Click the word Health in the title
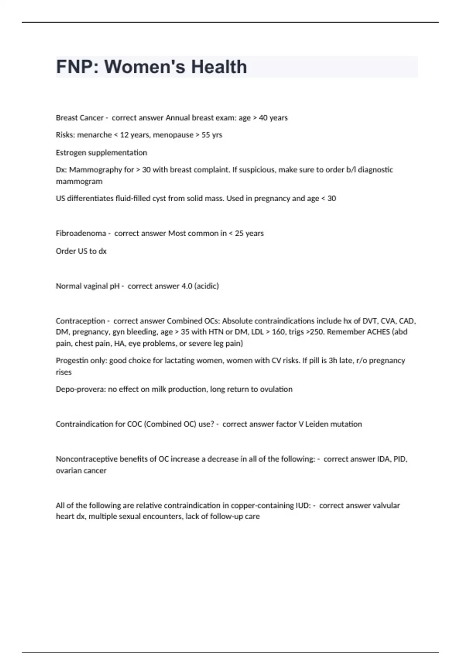click(219, 67)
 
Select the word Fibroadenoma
click(81, 233)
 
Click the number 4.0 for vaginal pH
click(187, 286)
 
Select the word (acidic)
click(207, 286)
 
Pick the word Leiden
click(317, 424)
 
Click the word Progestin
click(70, 361)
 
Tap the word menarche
click(95, 135)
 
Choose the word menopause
click(173, 135)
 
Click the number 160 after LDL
click(278, 332)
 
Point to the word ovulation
click(276, 389)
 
